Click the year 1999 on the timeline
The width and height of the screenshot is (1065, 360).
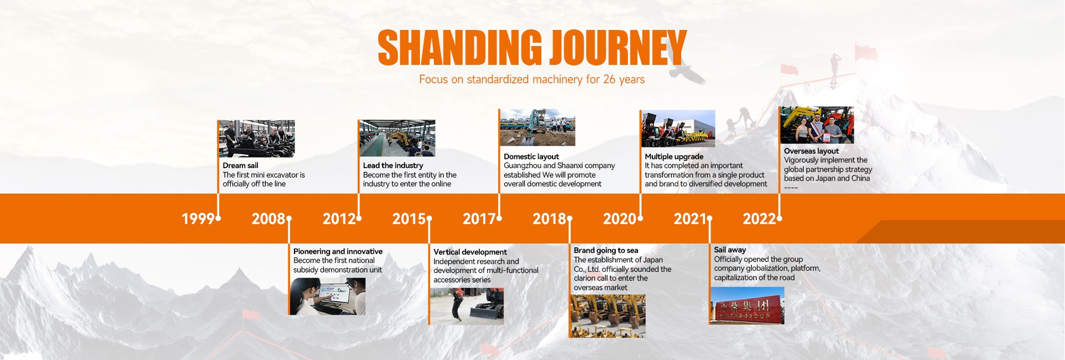point(198,219)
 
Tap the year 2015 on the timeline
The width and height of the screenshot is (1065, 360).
point(409,219)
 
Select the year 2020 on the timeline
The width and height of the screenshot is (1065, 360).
point(620,219)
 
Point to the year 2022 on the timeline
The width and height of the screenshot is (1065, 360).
point(759,219)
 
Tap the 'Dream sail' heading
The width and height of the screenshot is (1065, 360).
point(240,165)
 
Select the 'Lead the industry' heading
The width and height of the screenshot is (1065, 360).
point(393,165)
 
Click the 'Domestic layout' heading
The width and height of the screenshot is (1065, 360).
point(531,156)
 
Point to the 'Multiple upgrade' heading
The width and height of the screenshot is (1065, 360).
point(674,156)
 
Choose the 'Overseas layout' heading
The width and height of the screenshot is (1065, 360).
point(812,151)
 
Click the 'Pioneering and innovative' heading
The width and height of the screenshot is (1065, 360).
point(338,251)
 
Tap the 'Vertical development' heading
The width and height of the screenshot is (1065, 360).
point(470,252)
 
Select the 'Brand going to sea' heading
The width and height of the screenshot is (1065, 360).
point(606,250)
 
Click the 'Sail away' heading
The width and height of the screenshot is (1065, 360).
point(730,250)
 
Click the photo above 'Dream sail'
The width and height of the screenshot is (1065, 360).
point(256,139)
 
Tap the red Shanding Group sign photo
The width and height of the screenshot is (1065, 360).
point(747,305)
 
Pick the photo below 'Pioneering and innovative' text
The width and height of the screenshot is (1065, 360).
point(327,296)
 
